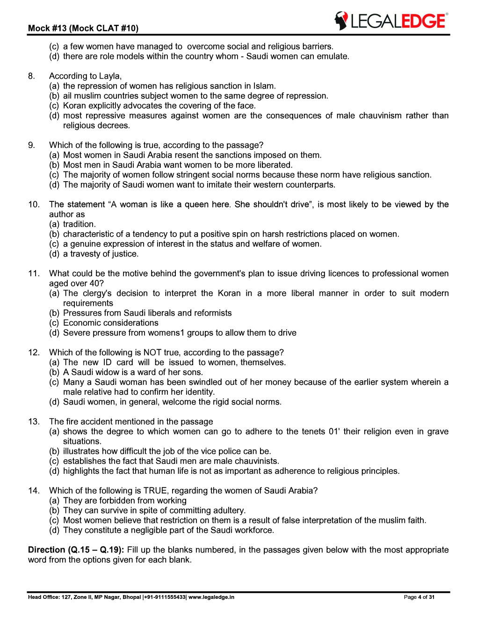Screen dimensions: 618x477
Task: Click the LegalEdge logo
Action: click(391, 21)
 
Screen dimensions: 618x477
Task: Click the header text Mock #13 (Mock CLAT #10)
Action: click(83, 28)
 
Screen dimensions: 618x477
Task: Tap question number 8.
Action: click(31, 76)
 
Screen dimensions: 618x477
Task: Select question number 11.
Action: click(34, 273)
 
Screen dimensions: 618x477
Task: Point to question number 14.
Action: click(34, 491)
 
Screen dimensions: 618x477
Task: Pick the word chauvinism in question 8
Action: click(380, 116)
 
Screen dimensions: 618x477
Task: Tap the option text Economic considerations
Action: click(111, 323)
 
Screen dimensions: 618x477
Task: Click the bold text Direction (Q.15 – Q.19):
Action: click(76, 550)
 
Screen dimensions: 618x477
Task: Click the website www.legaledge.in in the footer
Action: click(211, 597)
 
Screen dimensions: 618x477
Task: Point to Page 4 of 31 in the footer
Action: click(419, 597)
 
